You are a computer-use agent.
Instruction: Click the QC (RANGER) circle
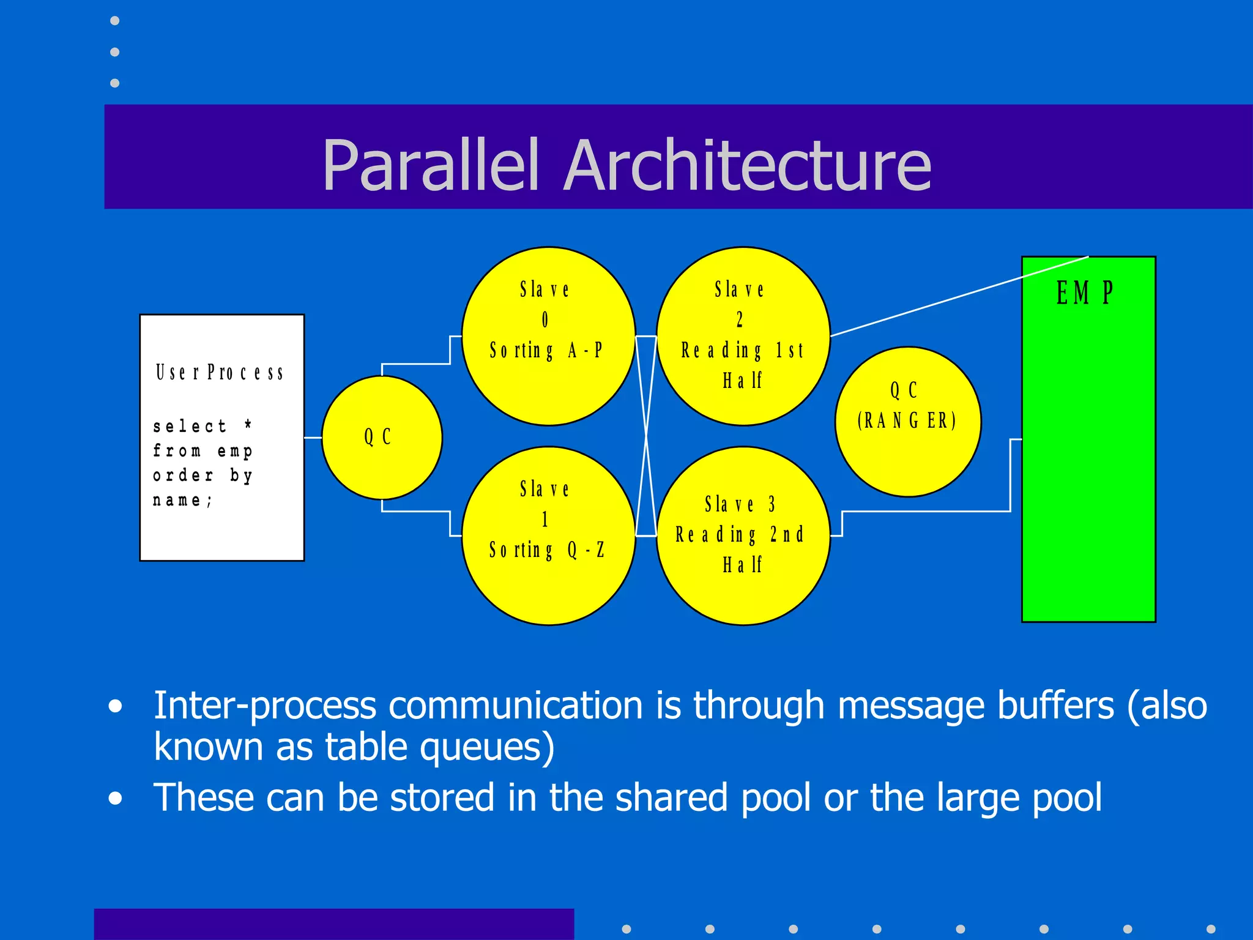908,453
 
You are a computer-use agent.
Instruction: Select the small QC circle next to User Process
382,465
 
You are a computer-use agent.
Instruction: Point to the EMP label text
1085,293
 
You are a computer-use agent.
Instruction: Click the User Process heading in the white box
220,372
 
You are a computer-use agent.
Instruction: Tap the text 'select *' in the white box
202,426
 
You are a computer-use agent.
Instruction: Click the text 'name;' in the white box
182,500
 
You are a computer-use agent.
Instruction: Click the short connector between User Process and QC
313,438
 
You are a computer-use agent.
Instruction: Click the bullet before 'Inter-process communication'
115,707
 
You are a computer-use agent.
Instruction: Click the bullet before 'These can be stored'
115,799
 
